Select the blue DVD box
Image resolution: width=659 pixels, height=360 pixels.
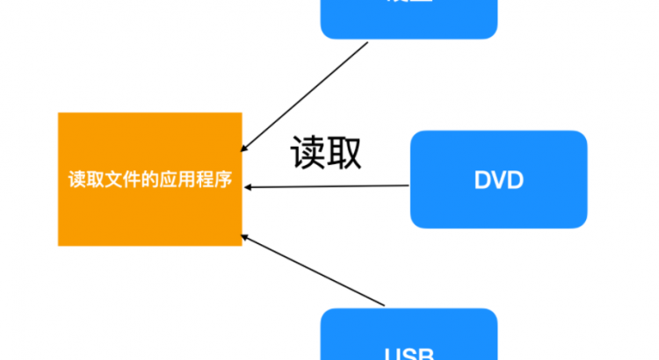pyautogui.click(x=498, y=179)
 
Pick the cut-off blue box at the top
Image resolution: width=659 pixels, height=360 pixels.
pyautogui.click(x=409, y=18)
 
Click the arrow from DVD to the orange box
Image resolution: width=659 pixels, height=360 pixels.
pyautogui.click(x=334, y=186)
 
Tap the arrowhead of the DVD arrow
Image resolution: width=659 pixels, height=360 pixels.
pyautogui.click(x=249, y=187)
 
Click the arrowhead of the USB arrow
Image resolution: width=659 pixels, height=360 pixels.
pyautogui.click(x=247, y=235)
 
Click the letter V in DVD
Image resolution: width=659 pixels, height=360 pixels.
pyautogui.click(x=498, y=181)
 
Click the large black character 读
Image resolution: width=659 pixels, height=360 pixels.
pyautogui.click(x=308, y=154)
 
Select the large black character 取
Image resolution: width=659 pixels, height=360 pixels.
pyautogui.click(x=344, y=154)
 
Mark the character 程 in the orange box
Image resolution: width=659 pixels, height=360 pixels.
pyautogui.click(x=206, y=180)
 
